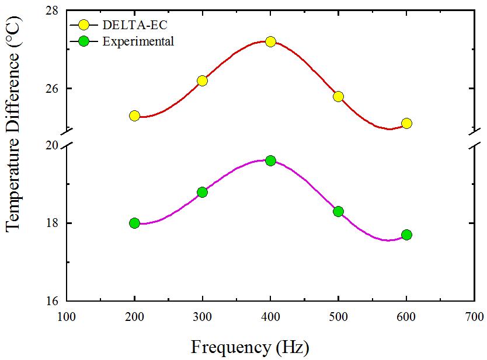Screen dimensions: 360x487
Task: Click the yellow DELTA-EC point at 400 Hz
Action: pyautogui.click(x=270, y=41)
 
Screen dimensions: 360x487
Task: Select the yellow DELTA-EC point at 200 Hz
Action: pyautogui.click(x=134, y=116)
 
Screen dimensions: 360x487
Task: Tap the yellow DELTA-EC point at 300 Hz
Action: pyautogui.click(x=202, y=81)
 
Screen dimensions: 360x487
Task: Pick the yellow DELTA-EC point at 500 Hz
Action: pyautogui.click(x=338, y=96)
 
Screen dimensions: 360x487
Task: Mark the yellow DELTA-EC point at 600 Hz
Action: pyautogui.click(x=406, y=123)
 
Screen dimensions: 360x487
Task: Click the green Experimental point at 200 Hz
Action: pyautogui.click(x=134, y=223)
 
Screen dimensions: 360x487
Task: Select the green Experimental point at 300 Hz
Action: pyautogui.click(x=202, y=192)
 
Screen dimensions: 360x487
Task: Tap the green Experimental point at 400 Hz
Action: pyautogui.click(x=270, y=160)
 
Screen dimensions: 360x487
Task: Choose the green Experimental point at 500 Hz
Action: pyautogui.click(x=338, y=211)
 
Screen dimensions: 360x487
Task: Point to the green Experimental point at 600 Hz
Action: pyautogui.click(x=406, y=235)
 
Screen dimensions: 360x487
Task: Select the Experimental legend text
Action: pyautogui.click(x=138, y=41)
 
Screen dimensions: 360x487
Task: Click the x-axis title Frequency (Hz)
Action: pyautogui.click(x=249, y=347)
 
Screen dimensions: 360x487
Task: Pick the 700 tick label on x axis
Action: pyautogui.click(x=474, y=317)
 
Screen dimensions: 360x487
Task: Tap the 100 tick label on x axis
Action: pyautogui.click(x=67, y=317)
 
